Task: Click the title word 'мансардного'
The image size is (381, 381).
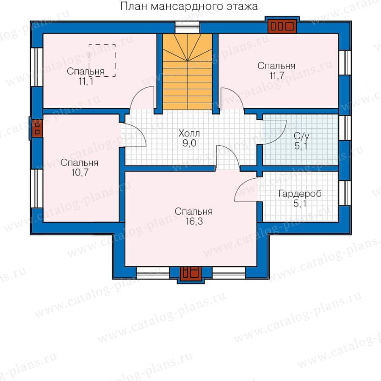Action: coord(188,7)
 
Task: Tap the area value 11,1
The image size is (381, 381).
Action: coord(86,81)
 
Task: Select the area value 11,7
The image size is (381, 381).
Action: coord(277,76)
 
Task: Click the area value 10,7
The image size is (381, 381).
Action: coord(80,173)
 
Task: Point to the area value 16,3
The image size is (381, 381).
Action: coord(194,221)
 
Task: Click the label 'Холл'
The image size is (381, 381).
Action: coord(189,133)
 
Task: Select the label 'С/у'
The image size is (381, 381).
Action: coord(301,136)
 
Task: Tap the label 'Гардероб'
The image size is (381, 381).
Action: coord(300,193)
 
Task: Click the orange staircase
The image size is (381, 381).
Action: coord(188,72)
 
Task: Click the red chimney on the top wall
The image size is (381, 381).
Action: coord(282,26)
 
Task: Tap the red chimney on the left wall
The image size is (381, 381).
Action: coord(37,129)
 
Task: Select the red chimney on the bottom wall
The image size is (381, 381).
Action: coord(191,272)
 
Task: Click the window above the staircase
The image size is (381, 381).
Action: coord(188,27)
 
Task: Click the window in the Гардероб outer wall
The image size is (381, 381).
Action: coord(345,193)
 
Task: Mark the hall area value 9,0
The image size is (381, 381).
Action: coord(189,143)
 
